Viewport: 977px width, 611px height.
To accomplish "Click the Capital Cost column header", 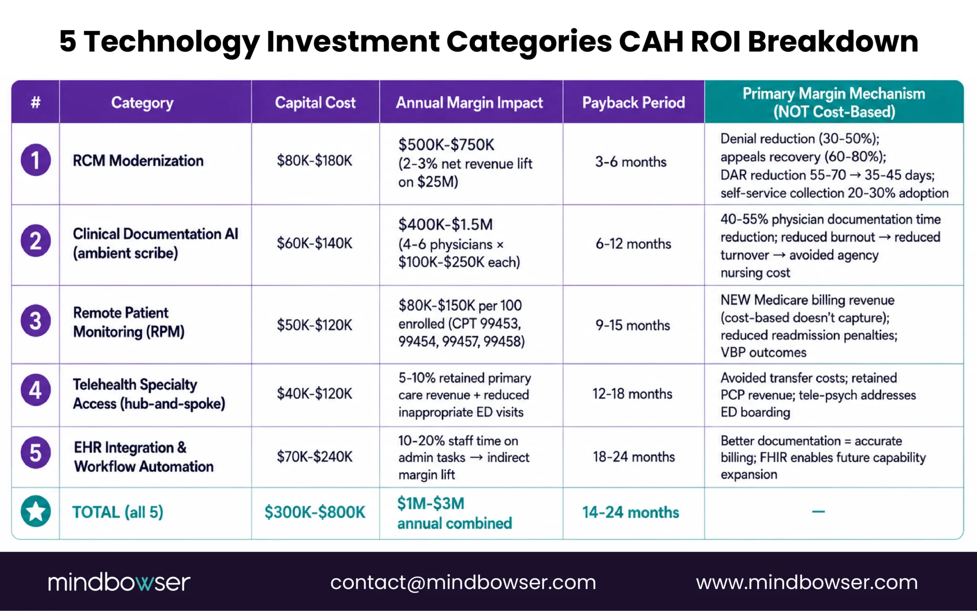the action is [315, 103].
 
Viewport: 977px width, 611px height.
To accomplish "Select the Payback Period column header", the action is [634, 103].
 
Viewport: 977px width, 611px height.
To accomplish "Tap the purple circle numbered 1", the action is [36, 160].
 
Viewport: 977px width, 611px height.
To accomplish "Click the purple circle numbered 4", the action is [36, 390].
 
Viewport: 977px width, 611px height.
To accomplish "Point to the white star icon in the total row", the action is [36, 511].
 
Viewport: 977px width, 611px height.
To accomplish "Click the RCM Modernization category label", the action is [138, 161].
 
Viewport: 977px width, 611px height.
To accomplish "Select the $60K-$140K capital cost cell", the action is [315, 243].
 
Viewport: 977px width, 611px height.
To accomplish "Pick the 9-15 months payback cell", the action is [633, 325].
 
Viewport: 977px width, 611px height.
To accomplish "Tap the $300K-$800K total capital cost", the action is [315, 512].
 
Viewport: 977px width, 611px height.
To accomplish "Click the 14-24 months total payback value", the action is [631, 512].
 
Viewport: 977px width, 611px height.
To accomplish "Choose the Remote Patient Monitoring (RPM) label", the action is [129, 322].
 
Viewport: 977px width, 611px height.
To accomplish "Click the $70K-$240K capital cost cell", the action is [315, 457].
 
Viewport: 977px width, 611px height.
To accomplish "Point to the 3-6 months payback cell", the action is [631, 162].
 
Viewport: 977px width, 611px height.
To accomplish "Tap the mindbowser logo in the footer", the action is [119, 582].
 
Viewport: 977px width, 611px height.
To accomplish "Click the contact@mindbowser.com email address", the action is [463, 582].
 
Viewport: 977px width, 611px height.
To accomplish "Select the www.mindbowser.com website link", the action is [807, 582].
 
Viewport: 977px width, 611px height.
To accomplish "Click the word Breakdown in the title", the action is [833, 41].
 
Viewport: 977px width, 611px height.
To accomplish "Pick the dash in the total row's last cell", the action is [819, 512].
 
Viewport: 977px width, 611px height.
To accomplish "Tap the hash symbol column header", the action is [36, 102].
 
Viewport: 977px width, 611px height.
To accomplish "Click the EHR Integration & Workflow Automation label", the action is [144, 457].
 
